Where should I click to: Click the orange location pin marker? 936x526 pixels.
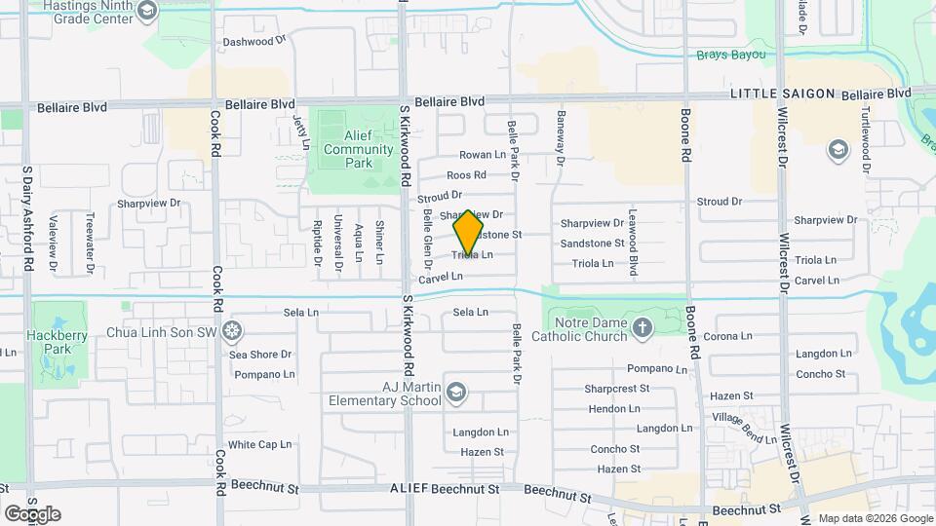point(469,233)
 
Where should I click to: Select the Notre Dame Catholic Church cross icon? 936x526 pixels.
point(643,328)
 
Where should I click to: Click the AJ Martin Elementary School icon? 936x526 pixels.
point(455,393)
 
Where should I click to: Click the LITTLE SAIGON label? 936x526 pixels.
point(783,94)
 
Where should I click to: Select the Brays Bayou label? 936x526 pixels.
point(731,55)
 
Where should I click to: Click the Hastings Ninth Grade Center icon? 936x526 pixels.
point(147,12)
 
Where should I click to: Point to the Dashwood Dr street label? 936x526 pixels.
point(254,42)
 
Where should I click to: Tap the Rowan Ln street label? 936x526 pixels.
point(483,155)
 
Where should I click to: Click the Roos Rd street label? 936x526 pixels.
point(466,175)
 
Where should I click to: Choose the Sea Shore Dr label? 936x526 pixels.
point(260,355)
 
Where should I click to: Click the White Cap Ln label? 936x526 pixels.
point(260,444)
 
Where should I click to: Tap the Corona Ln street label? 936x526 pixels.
point(727,336)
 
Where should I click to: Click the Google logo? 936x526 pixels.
point(31,513)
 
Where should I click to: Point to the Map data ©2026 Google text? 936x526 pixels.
point(875,518)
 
